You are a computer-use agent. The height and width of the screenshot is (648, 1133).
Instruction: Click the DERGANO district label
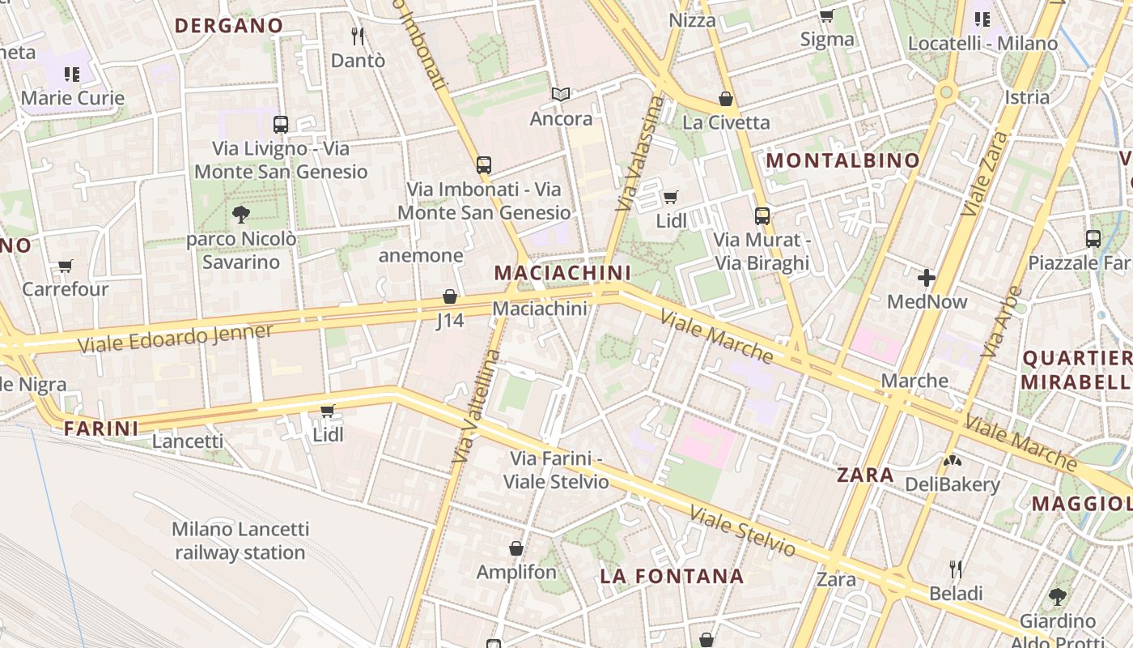coord(229,25)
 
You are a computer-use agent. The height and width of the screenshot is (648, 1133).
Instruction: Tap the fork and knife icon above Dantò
coord(358,36)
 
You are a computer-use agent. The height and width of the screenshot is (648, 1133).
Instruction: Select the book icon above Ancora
coord(561,95)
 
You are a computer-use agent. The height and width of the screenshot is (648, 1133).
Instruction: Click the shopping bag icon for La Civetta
coord(726,99)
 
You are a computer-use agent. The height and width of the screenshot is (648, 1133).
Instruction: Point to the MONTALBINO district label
coord(842,160)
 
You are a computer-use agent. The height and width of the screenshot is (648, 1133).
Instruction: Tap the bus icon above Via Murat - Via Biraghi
coord(762,215)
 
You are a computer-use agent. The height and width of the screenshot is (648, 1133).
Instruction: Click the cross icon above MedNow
coord(927,279)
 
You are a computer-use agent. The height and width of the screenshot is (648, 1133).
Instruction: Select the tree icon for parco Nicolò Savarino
coord(240,215)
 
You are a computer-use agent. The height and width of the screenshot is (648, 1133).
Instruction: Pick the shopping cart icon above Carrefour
coord(66,266)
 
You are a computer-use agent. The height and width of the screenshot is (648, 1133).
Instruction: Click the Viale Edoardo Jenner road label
coord(176,339)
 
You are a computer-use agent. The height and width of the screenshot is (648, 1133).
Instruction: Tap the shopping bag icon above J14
coord(450,296)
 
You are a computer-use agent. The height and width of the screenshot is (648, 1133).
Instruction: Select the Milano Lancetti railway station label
coord(240,541)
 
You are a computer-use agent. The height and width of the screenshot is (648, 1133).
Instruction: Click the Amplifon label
coord(516,572)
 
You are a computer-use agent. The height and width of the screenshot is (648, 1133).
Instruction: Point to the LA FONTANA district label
coord(672,576)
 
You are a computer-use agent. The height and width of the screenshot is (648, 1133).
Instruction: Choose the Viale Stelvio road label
coord(741,531)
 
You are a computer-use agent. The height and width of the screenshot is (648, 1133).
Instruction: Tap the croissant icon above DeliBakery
coord(953,461)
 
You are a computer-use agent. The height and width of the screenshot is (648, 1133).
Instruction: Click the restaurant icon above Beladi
coord(956,569)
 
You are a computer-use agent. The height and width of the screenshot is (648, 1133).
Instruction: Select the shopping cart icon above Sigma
coord(826,16)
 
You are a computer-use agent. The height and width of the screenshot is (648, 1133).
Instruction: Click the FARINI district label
coord(101,428)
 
